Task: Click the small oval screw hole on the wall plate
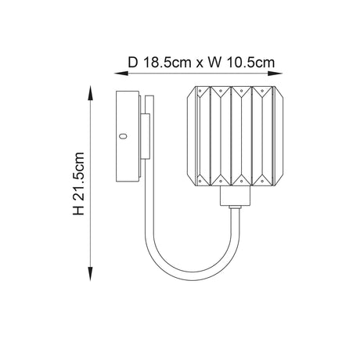122,136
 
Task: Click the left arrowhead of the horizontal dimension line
120,74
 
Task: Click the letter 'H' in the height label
78,211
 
